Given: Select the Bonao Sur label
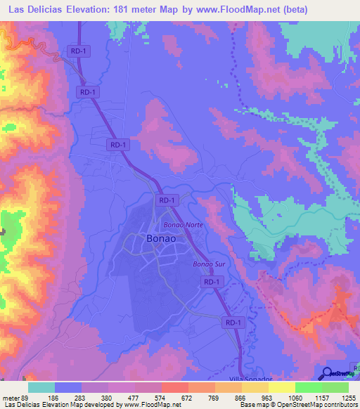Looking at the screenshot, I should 207,264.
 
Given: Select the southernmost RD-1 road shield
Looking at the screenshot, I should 234,322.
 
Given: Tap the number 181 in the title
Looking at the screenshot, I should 131,8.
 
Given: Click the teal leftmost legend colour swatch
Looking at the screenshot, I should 41,387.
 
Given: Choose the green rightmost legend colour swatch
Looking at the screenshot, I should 335,387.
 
